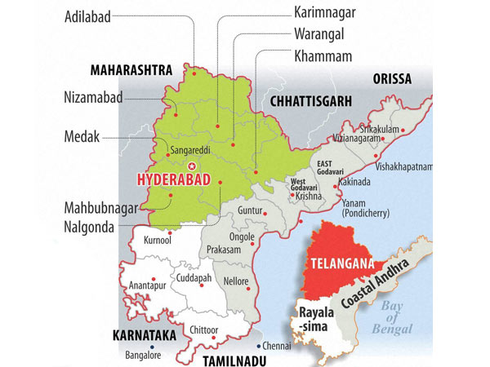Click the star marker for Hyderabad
(193, 166)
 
